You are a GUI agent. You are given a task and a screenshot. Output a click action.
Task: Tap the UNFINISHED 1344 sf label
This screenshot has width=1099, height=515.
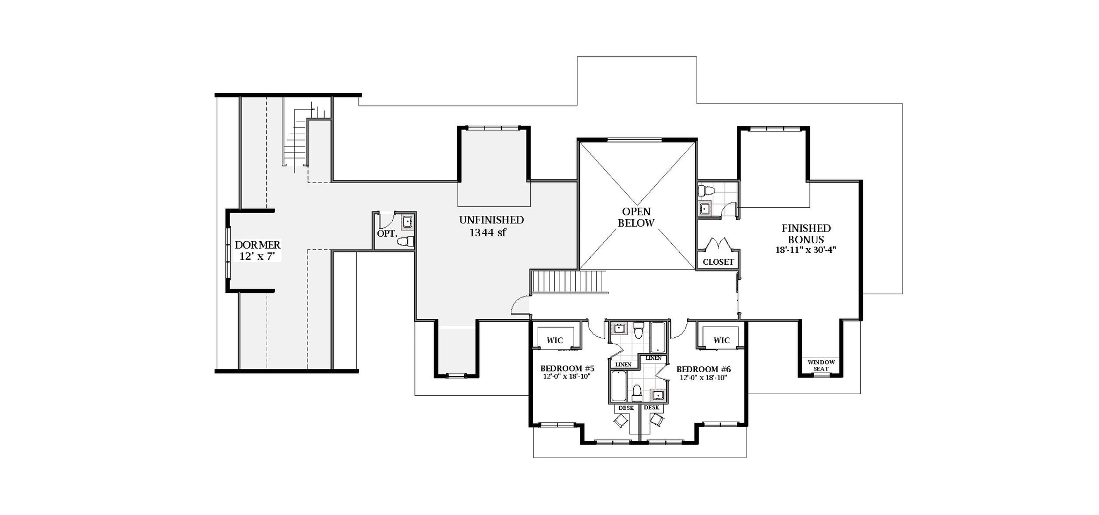(x=491, y=226)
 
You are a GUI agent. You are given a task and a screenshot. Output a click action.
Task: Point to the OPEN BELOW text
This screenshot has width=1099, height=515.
(x=636, y=217)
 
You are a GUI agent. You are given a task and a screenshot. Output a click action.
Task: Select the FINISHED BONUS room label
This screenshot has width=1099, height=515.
(x=806, y=234)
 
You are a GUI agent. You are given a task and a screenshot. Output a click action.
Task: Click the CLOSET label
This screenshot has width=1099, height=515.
(x=718, y=262)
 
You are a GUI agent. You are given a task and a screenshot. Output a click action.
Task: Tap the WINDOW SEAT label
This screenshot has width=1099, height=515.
(x=821, y=365)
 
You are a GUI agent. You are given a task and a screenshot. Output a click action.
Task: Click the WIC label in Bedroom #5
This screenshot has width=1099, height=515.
(x=554, y=340)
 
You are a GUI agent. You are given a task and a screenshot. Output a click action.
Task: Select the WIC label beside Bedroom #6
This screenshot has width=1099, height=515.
(x=722, y=340)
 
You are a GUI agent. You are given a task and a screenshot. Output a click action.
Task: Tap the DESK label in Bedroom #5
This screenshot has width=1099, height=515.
(x=626, y=408)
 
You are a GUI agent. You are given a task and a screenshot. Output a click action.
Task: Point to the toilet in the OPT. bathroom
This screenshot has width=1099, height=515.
(x=406, y=242)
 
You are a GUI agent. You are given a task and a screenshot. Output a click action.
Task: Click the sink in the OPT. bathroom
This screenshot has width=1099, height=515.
(x=407, y=221)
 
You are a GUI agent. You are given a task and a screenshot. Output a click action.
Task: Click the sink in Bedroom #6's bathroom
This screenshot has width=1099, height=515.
(x=658, y=396)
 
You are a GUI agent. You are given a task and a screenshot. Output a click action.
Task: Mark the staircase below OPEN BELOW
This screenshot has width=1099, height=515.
(x=568, y=282)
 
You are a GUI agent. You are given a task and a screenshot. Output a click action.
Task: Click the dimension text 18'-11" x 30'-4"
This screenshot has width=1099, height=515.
(x=806, y=250)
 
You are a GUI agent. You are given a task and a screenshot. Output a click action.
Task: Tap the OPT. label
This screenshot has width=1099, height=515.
(x=386, y=234)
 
